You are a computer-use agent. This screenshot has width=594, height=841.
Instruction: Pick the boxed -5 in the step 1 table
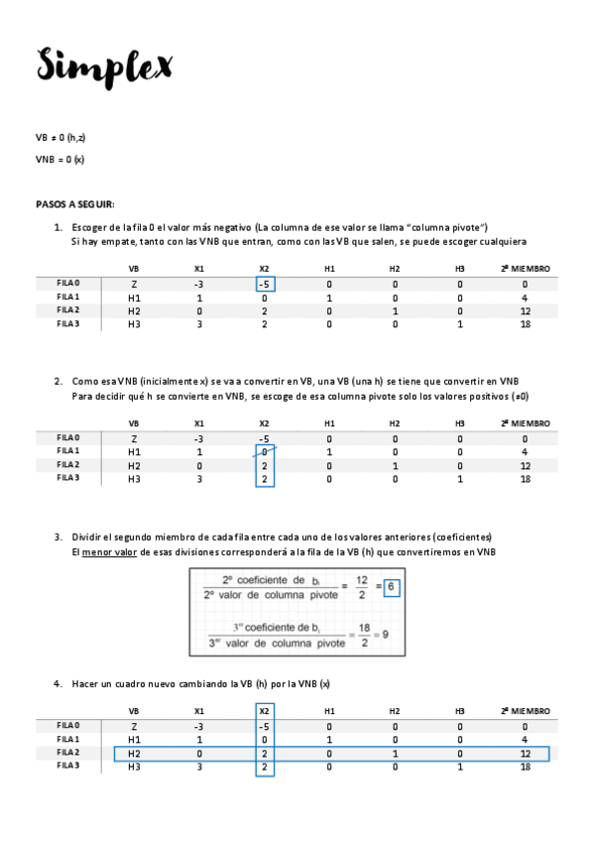tap(264, 285)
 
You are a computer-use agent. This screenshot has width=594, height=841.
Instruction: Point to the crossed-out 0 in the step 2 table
tap(264, 452)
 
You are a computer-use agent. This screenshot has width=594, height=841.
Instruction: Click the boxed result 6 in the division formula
tap(392, 587)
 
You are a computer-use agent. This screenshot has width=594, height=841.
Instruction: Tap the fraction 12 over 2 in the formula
tap(362, 587)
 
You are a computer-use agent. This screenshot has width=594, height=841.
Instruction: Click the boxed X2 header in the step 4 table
tap(264, 711)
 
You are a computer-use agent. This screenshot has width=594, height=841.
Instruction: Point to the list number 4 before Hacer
tap(58, 683)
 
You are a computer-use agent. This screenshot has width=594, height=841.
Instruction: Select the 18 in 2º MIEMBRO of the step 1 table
tap(525, 324)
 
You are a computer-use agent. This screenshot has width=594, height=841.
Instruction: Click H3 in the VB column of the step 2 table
tap(134, 479)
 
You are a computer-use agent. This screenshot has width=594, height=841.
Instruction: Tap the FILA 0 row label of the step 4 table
tap(68, 725)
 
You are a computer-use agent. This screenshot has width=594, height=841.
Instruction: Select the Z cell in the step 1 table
tap(134, 285)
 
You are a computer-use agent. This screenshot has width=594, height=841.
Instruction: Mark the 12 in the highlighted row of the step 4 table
tap(525, 754)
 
